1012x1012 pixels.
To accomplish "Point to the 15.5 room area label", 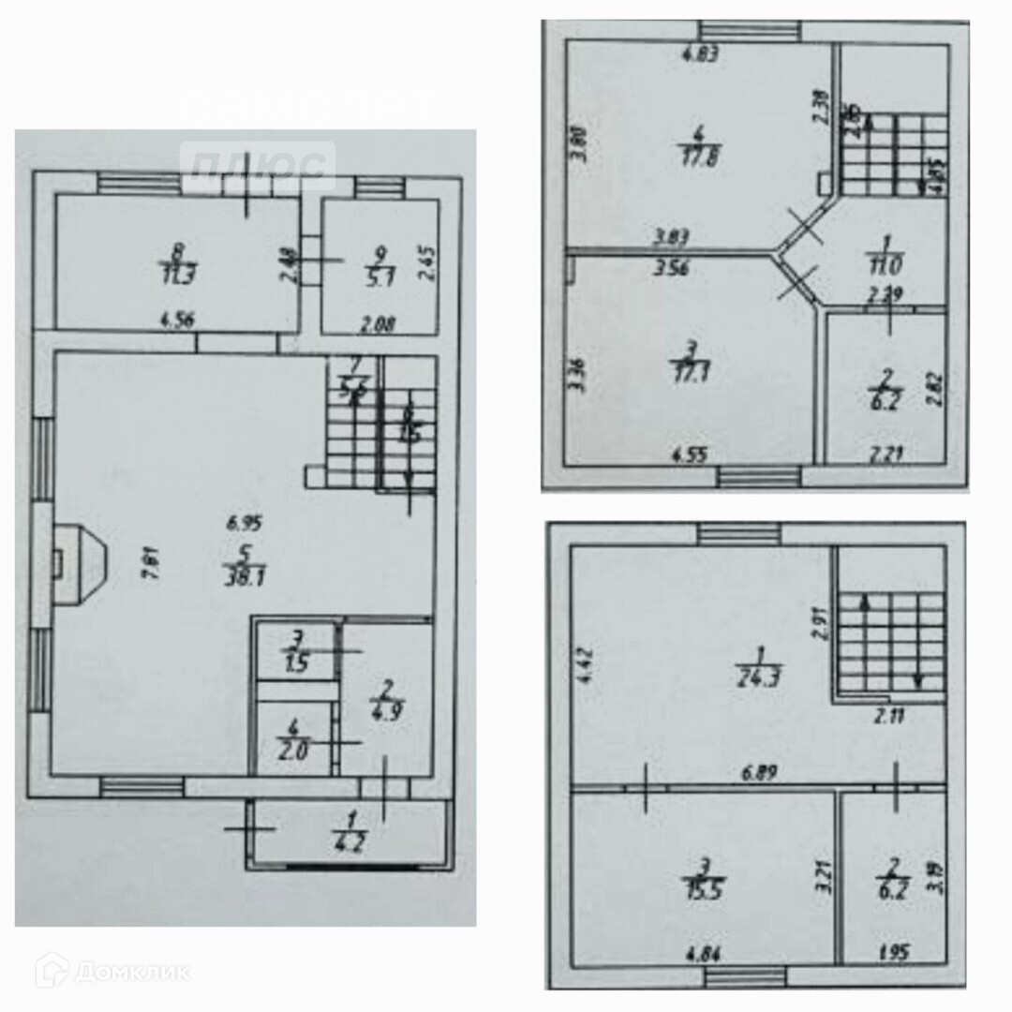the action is (x=704, y=884).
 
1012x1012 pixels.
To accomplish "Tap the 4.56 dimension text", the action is (x=177, y=317).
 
